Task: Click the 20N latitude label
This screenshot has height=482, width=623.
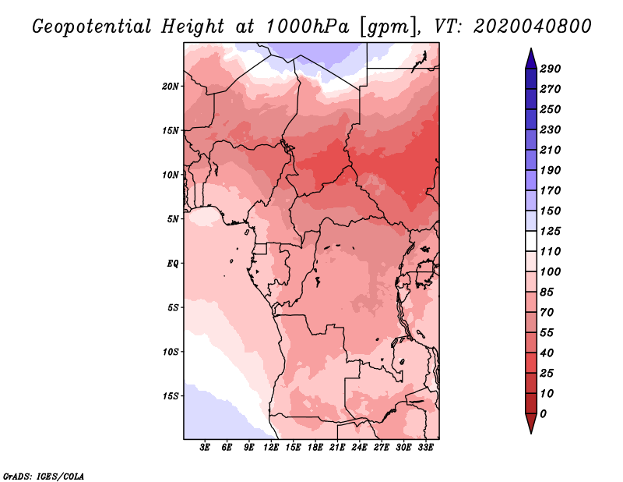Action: coord(170,87)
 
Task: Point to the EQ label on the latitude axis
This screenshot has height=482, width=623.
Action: coord(173,264)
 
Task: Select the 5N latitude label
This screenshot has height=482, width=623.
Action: coord(173,219)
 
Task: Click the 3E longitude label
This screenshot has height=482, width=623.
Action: coord(205,447)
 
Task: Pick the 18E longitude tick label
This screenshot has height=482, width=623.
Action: coord(315,447)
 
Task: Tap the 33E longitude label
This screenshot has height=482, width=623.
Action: coord(425,447)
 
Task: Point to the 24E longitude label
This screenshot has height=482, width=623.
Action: coord(359,447)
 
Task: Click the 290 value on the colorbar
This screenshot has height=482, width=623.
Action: coord(550,69)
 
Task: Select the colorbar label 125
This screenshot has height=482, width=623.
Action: coord(550,231)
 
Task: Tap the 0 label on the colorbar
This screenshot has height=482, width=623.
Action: coord(543,414)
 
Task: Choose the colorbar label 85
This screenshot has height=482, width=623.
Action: coord(547,292)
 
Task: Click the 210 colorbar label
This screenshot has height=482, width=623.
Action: coord(550,150)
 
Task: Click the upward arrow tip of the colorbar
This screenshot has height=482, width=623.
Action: coord(531,48)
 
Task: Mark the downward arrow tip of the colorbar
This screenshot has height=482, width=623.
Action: coord(531,433)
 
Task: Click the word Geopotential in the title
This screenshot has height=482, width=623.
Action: coord(92,27)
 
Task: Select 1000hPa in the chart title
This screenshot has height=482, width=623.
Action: coord(307,27)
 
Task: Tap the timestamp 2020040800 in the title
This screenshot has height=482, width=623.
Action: coord(533,27)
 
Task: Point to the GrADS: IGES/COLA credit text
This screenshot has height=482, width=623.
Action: coord(44,477)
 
